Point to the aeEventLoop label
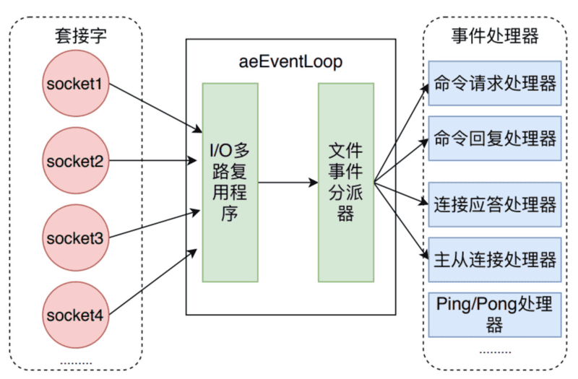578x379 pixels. pyautogui.click(x=290, y=62)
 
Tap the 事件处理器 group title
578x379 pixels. pyautogui.click(x=495, y=35)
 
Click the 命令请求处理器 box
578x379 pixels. pyautogui.click(x=495, y=84)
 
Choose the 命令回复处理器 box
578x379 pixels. pyautogui.click(x=495, y=138)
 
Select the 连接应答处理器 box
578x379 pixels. pyautogui.click(x=495, y=204)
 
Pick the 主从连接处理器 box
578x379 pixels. pyautogui.click(x=495, y=259)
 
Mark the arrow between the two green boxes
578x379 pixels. pyautogui.click(x=288, y=183)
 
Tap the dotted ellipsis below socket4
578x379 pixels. pyautogui.click(x=75, y=361)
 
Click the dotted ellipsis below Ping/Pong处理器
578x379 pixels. pyautogui.click(x=495, y=352)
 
